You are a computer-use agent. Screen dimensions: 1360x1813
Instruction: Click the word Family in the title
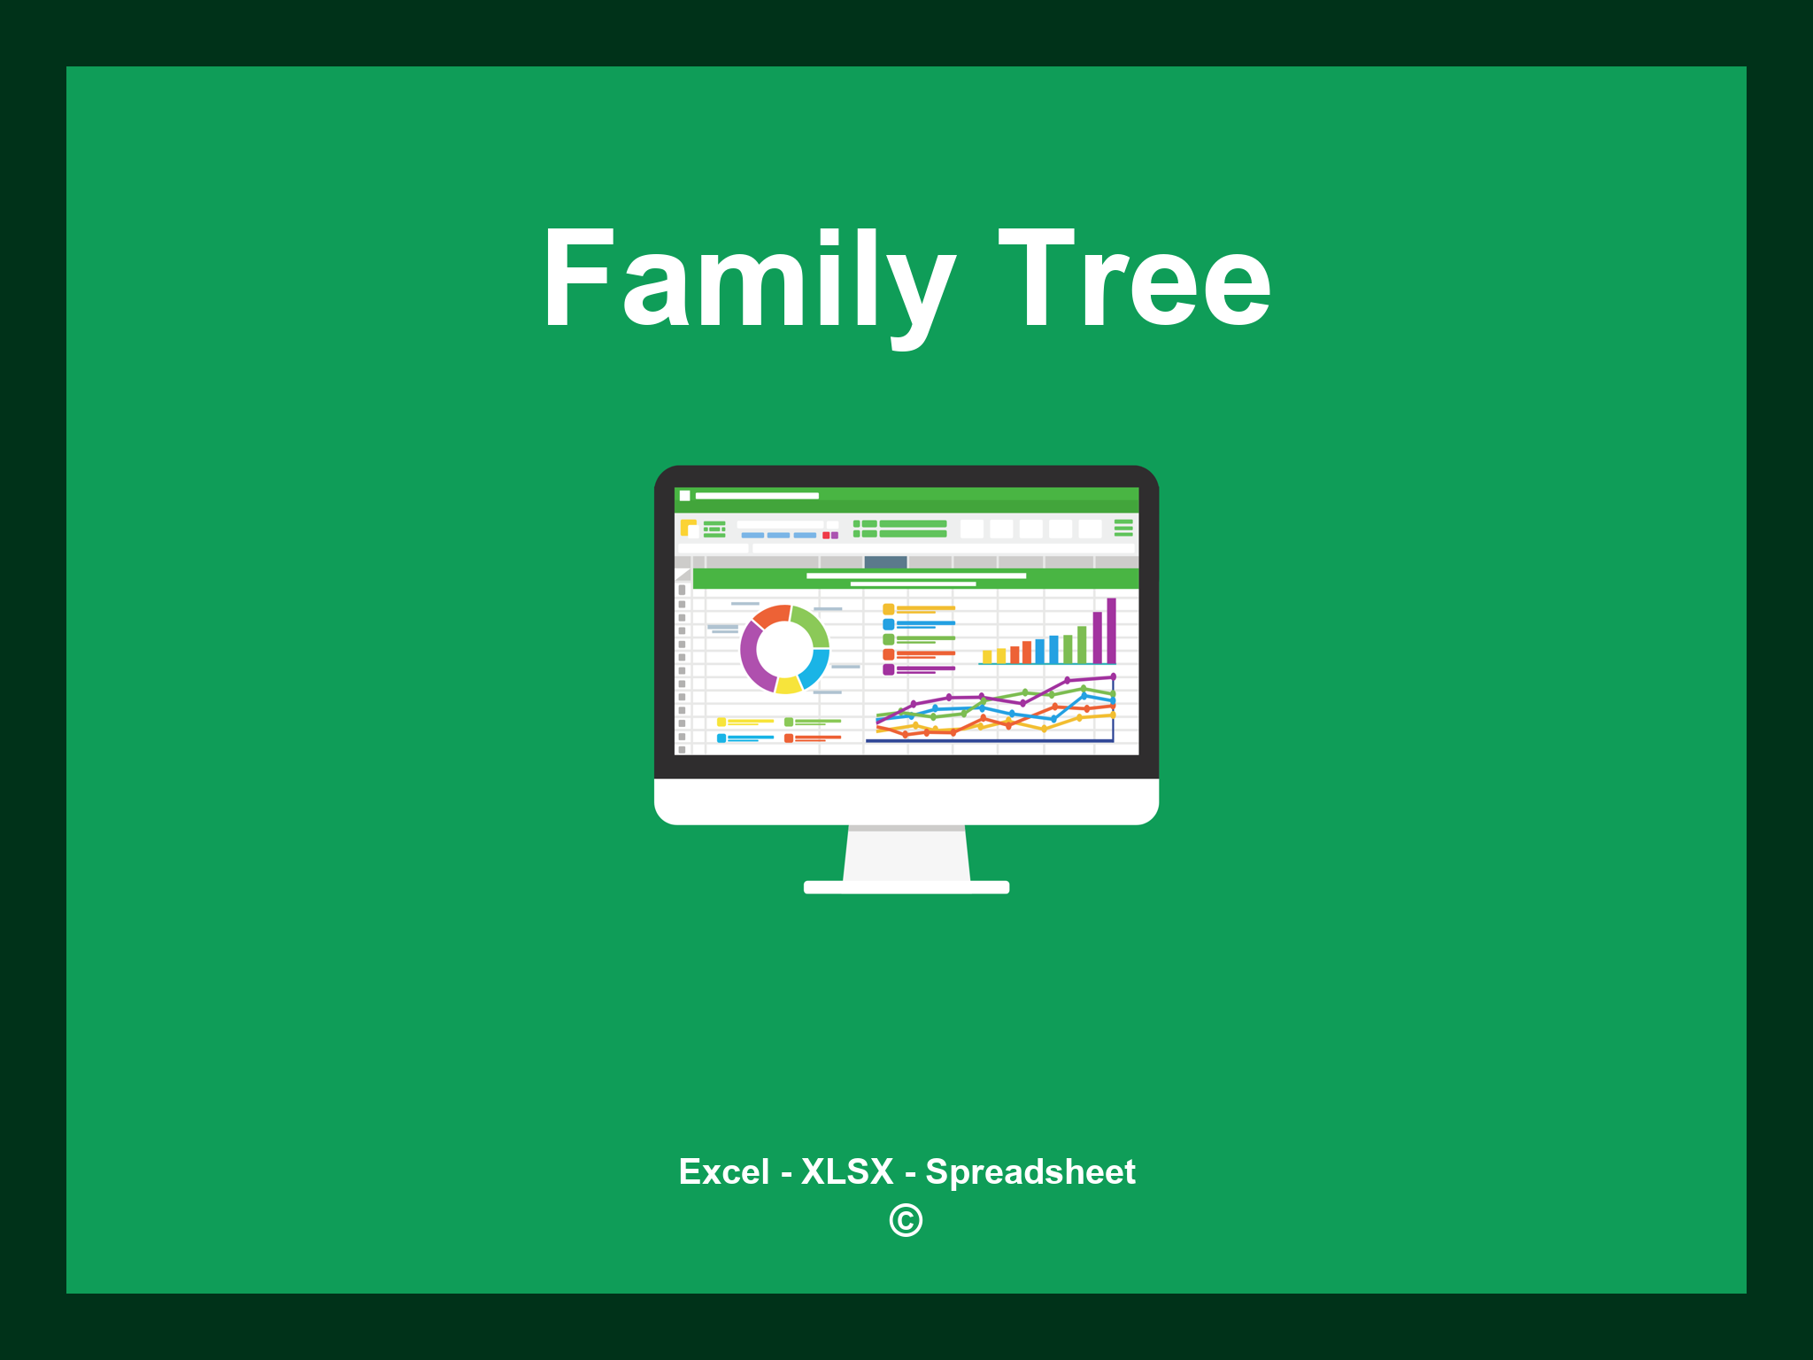click(748, 280)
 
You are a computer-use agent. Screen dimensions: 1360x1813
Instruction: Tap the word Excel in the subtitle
click(723, 1171)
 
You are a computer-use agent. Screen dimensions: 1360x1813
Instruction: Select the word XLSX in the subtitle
click(847, 1171)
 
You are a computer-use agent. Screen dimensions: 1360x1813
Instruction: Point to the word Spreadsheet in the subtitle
click(1030, 1171)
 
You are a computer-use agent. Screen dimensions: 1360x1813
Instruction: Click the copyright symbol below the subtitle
click(906, 1221)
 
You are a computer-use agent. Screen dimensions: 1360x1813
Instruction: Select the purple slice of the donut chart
click(753, 656)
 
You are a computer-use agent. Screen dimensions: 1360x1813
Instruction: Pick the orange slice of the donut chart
click(771, 615)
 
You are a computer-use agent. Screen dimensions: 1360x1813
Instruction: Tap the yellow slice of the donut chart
click(788, 684)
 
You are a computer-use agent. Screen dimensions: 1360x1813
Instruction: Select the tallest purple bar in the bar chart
click(1111, 630)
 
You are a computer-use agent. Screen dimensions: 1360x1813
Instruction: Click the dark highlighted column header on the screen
click(885, 561)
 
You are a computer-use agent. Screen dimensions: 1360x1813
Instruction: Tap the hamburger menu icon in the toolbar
click(1123, 528)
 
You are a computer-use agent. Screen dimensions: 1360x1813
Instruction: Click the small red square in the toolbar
click(826, 536)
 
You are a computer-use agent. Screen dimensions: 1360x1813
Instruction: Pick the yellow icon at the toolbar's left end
click(688, 528)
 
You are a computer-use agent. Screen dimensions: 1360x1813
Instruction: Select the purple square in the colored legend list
click(888, 669)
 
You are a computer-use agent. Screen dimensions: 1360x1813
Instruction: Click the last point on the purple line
click(1113, 676)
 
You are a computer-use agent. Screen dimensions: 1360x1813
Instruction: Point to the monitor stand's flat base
click(906, 887)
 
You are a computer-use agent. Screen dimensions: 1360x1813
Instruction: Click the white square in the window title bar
click(684, 496)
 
